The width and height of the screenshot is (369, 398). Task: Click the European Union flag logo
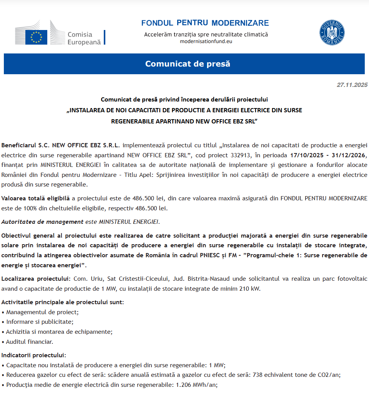tap(36, 37)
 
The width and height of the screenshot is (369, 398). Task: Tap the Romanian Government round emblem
tap(332, 33)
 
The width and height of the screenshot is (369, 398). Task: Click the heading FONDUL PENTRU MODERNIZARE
tap(205, 23)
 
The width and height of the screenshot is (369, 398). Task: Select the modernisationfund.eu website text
tap(206, 42)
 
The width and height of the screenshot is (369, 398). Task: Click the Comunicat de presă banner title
tap(188, 64)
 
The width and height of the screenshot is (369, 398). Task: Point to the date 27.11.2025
tap(352, 85)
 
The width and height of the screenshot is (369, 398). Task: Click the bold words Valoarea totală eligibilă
tap(35, 198)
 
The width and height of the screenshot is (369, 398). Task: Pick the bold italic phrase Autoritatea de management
tap(42, 222)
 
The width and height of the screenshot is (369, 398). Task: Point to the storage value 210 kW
tap(249, 288)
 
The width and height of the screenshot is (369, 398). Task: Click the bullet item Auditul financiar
tap(30, 341)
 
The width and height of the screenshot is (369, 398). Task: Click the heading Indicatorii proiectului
tap(34, 355)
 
